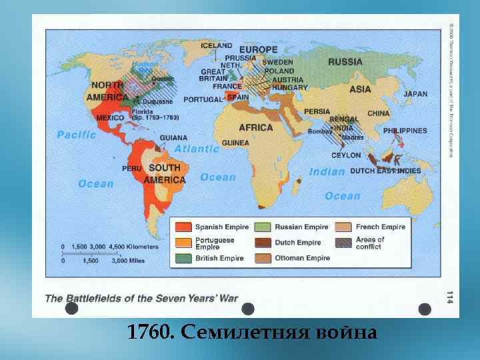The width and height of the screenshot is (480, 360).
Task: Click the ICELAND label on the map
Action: [217, 46]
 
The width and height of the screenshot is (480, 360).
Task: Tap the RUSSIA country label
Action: [345, 62]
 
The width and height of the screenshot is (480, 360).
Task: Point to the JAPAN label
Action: [415, 95]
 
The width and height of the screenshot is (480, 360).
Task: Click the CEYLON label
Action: [346, 155]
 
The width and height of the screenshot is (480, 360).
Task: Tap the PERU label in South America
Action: [132, 169]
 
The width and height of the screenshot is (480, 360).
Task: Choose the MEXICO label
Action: [110, 118]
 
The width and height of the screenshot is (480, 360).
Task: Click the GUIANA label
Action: [173, 138]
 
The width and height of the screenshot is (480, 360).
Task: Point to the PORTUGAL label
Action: [202, 99]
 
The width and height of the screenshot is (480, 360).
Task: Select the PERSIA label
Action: [317, 111]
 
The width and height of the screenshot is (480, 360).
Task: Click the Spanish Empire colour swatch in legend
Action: [183, 227]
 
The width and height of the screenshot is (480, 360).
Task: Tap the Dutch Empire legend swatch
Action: [263, 243]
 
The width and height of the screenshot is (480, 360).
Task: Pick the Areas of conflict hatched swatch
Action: [343, 243]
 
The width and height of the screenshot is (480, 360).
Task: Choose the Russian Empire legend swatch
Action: [263, 227]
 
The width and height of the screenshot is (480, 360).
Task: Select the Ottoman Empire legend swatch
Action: [263, 258]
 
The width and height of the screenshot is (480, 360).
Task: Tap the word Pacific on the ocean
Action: [77, 135]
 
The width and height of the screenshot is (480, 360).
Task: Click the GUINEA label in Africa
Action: [235, 143]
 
